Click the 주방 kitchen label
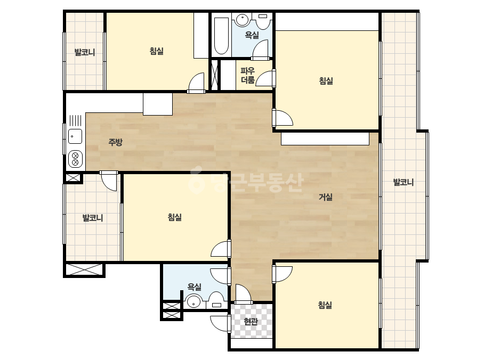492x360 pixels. click(x=115, y=142)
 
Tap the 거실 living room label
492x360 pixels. click(x=325, y=197)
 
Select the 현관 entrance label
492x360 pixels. click(x=251, y=322)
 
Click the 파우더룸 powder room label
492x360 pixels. click(x=247, y=75)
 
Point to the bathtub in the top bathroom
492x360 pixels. click(x=221, y=36)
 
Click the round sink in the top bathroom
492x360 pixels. click(x=241, y=20)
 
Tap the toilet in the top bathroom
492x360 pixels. click(x=263, y=21)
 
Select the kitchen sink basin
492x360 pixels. click(x=75, y=136)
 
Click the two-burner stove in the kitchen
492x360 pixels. click(x=75, y=159)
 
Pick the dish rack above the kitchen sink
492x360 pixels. click(x=75, y=121)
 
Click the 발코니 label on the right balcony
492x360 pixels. click(x=404, y=182)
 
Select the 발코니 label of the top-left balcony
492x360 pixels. click(x=85, y=52)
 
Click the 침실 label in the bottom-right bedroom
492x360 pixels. click(x=325, y=305)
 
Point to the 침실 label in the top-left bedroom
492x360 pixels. click(x=157, y=51)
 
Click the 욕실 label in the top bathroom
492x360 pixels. click(x=252, y=35)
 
